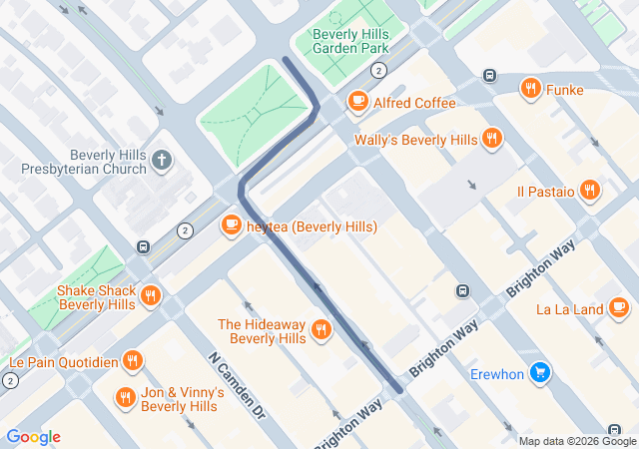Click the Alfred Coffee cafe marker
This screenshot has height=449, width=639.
pyautogui.click(x=357, y=102)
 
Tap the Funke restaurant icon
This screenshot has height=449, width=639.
pyautogui.click(x=530, y=88)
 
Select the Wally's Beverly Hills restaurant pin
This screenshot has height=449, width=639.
pyautogui.click(x=491, y=139)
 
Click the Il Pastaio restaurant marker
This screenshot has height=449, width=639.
pyautogui.click(x=590, y=190)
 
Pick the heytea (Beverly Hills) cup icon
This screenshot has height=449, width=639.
pyautogui.click(x=232, y=225)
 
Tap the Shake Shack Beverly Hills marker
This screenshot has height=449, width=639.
pyautogui.click(x=151, y=295)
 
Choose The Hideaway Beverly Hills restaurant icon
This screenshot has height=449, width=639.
pyautogui.click(x=320, y=330)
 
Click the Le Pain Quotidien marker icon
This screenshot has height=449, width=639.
pyautogui.click(x=132, y=360)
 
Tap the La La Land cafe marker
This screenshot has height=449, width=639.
pyautogui.click(x=619, y=308)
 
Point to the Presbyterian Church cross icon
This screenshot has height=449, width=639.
pyautogui.click(x=163, y=161)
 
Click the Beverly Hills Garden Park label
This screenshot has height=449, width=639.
pyautogui.click(x=350, y=40)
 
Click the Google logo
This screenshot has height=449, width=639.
pyautogui.click(x=34, y=437)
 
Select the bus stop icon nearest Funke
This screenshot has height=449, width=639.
pyautogui.click(x=489, y=75)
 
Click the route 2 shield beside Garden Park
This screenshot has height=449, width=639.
pyautogui.click(x=378, y=70)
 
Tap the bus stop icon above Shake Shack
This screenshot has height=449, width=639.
pyautogui.click(x=144, y=246)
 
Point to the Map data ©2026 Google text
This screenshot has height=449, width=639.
pyautogui.click(x=576, y=441)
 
